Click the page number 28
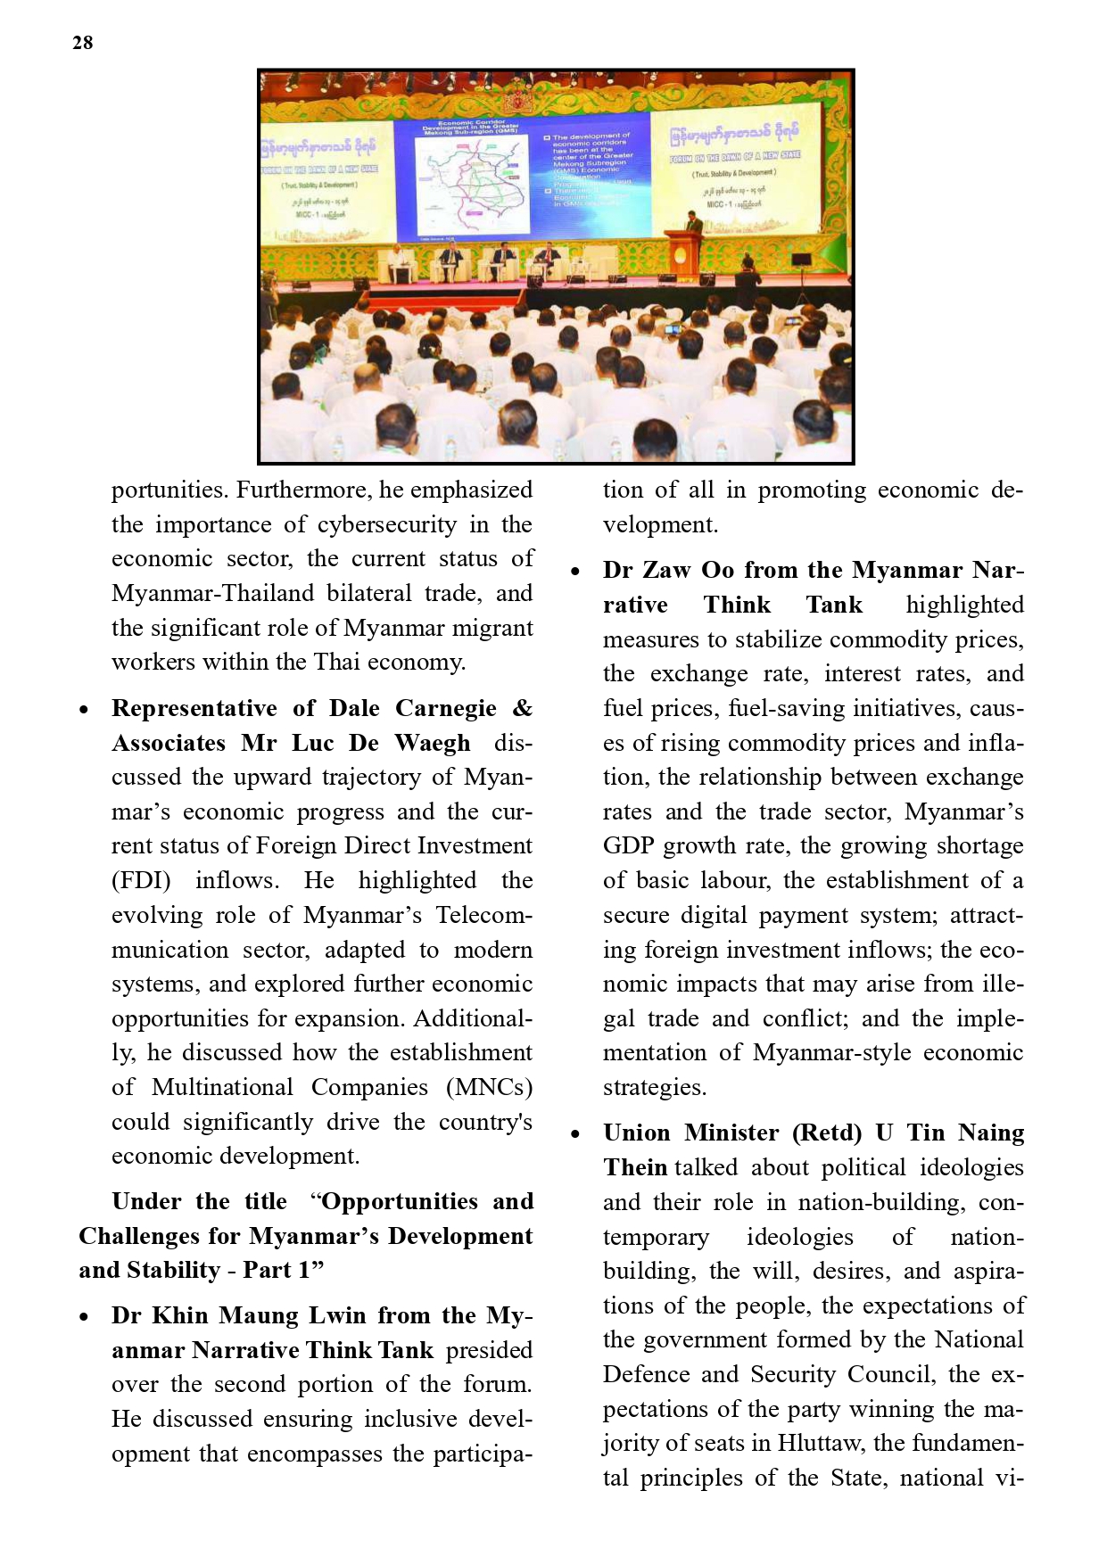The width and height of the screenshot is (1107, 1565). click(x=82, y=43)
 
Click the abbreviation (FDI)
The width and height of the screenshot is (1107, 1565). click(x=141, y=881)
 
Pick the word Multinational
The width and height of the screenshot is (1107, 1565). click(x=222, y=1088)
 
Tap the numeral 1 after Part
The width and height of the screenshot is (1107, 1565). click(x=304, y=1271)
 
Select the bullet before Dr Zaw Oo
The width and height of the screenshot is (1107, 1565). click(x=576, y=572)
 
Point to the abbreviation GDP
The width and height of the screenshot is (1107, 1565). click(x=628, y=846)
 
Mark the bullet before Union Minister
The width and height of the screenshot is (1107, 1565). click(x=576, y=1134)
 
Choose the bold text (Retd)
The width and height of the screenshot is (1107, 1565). click(x=826, y=1133)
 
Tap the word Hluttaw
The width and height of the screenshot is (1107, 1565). click(x=821, y=1444)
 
